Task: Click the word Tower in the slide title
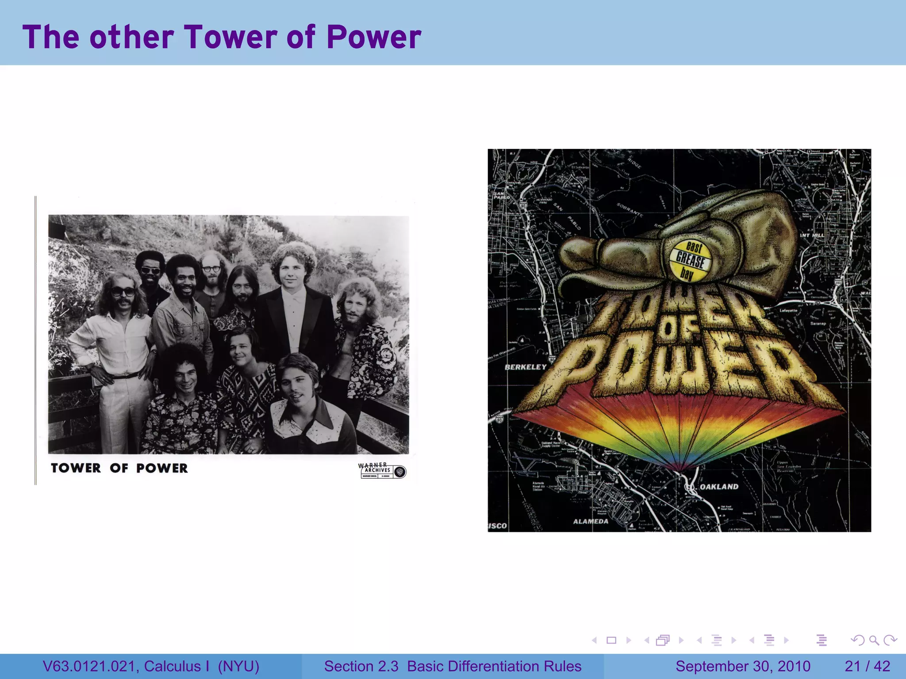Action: coord(230,37)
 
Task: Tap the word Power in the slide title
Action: coord(374,37)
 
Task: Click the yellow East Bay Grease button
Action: coord(690,260)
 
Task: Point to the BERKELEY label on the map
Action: coord(526,367)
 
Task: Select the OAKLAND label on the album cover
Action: coord(719,487)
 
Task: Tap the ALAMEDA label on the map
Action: coord(591,522)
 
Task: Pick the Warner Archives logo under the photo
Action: coord(381,470)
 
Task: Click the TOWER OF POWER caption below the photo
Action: coord(119,468)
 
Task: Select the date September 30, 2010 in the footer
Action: coord(743,666)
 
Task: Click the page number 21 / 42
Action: coord(867,666)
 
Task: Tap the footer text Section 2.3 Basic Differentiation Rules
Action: coord(453,666)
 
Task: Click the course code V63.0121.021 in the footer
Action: coord(91,666)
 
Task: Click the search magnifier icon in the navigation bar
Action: coord(874,640)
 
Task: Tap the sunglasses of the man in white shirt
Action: coord(123,292)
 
